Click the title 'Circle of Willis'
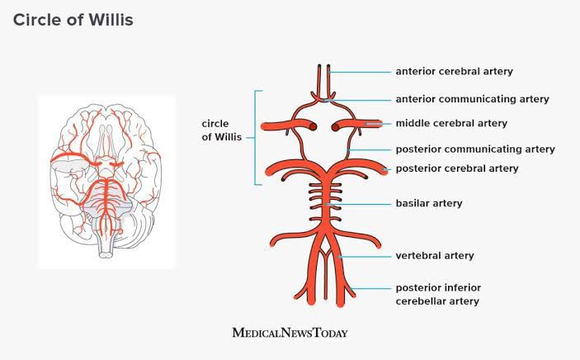click(73, 20)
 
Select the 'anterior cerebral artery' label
click(455, 71)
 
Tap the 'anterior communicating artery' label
click(473, 99)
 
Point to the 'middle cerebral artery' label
click(451, 123)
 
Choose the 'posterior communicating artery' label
click(475, 149)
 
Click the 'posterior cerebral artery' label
click(457, 168)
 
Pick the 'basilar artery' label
click(429, 203)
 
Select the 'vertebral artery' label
click(435, 256)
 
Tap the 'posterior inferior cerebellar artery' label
click(438, 295)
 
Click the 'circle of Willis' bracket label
click(222, 130)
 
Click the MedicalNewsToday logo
click(290, 333)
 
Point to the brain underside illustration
click(106, 181)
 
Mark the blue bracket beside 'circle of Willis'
click(256, 137)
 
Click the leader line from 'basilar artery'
click(358, 204)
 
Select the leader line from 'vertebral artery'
click(365, 256)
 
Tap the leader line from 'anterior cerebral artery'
click(360, 72)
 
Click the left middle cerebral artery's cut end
click(313, 126)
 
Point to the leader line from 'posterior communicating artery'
click(369, 150)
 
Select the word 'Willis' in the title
click(111, 20)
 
